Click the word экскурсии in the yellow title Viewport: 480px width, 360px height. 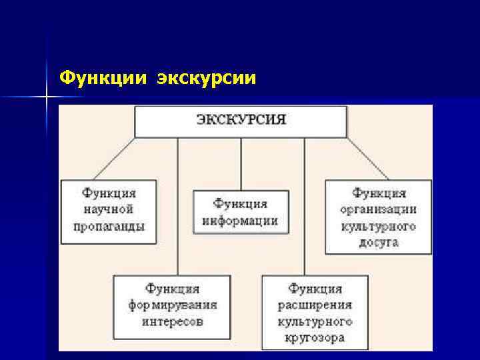[x=207, y=79]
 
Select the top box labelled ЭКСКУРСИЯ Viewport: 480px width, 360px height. [x=241, y=121]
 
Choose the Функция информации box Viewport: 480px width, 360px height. [x=241, y=212]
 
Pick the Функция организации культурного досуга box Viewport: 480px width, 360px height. [x=379, y=217]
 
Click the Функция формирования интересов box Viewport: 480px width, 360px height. [x=172, y=306]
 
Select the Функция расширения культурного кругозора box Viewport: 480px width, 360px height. [x=315, y=312]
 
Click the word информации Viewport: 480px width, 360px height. [x=241, y=221]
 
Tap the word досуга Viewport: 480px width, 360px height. [x=379, y=242]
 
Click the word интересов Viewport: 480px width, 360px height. [x=172, y=321]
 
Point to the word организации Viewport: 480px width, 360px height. [x=379, y=209]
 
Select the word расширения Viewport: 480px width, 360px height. [x=315, y=305]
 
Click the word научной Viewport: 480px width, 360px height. [x=109, y=209]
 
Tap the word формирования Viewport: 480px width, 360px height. [x=172, y=305]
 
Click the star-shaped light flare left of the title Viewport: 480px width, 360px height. [x=47, y=97]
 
